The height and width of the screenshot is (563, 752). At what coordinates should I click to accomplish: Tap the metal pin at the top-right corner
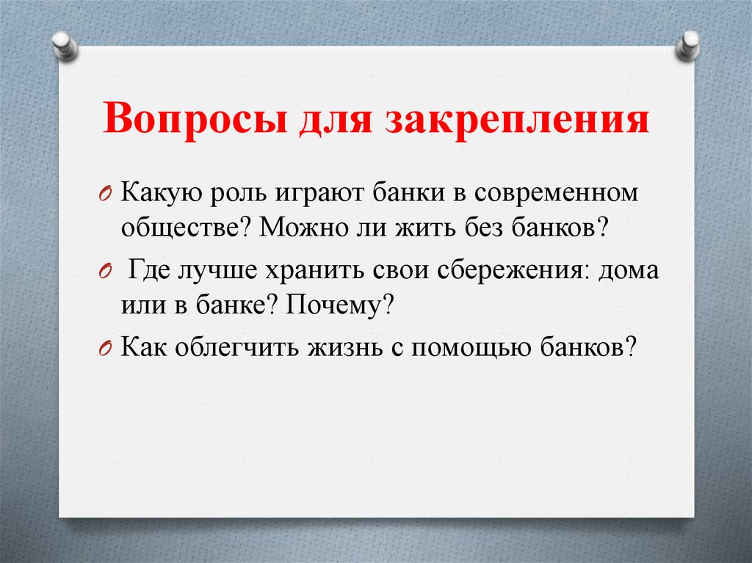(689, 44)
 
